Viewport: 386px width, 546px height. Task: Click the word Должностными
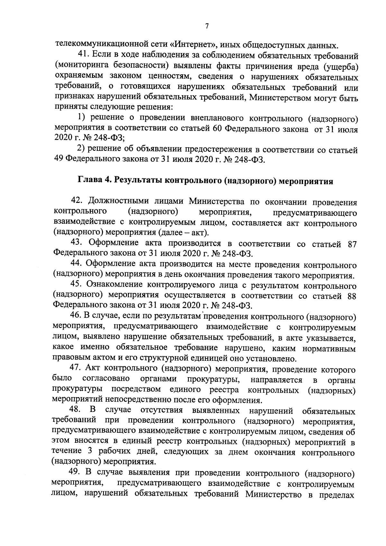pos(120,201)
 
